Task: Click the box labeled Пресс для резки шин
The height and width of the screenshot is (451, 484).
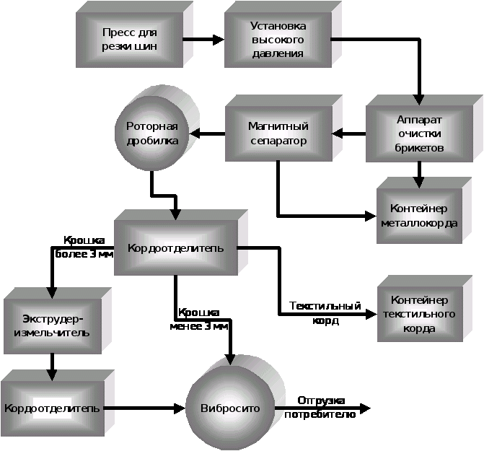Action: (130, 40)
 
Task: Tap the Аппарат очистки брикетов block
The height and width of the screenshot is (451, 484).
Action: (418, 134)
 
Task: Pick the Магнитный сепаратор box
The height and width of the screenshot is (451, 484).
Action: (278, 134)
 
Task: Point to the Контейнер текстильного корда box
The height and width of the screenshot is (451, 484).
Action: (419, 314)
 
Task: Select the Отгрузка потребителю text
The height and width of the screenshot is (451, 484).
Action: (320, 407)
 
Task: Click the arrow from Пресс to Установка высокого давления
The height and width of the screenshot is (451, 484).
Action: (208, 40)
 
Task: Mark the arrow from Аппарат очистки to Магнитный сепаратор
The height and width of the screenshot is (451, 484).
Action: (349, 133)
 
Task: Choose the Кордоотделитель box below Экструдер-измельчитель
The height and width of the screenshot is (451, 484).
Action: (51, 408)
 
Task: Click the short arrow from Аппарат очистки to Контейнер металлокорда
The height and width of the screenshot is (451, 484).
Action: (418, 172)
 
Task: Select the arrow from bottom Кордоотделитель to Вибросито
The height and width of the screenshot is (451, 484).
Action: (144, 408)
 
